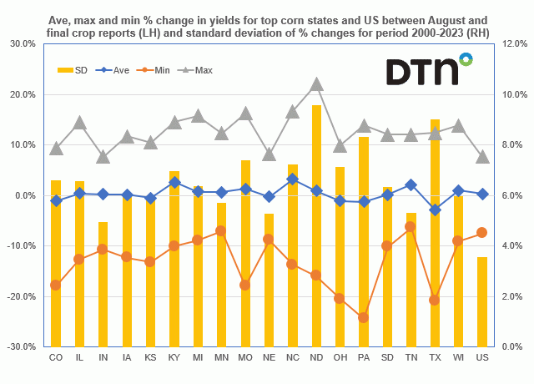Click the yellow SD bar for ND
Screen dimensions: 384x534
pos(316,225)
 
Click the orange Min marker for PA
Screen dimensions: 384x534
pos(364,317)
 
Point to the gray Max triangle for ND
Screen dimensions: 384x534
pos(316,84)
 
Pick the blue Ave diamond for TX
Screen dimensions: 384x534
pos(435,210)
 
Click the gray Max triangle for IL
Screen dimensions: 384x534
pos(79,123)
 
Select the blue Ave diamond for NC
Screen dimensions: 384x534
pos(293,179)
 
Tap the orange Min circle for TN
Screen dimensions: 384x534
pos(411,226)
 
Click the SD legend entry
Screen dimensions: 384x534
pos(73,71)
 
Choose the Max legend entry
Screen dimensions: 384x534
pos(194,71)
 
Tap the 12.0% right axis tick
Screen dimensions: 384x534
pos(511,43)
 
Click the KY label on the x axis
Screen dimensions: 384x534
pos(174,360)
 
